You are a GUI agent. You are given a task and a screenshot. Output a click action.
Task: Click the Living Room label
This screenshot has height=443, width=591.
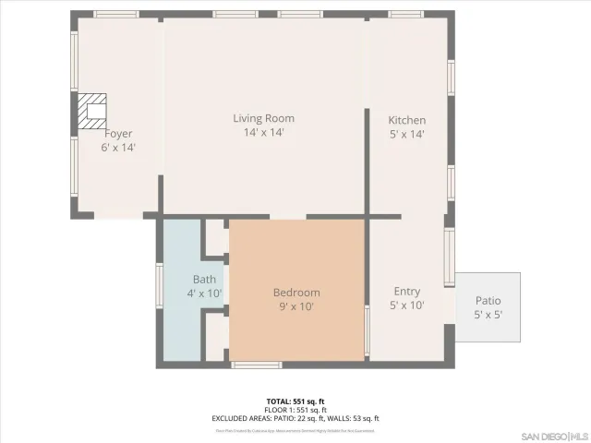click(x=263, y=118)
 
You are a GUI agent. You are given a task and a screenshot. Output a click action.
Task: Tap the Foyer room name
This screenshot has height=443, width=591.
click(x=118, y=134)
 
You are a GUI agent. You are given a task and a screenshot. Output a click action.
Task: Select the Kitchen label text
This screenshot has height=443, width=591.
click(x=406, y=120)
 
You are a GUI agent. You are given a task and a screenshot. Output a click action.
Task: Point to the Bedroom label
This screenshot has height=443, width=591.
click(x=296, y=293)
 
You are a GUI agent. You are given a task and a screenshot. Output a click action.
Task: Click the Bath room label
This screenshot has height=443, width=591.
click(x=204, y=280)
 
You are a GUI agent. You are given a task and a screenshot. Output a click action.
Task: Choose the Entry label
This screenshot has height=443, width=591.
click(x=406, y=291)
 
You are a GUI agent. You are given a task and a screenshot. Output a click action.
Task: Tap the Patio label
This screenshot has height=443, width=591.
click(x=488, y=301)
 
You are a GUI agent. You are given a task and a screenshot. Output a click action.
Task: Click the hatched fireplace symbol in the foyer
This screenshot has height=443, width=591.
click(x=92, y=111)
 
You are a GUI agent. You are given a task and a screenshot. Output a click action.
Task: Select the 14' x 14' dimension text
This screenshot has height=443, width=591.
click(x=263, y=133)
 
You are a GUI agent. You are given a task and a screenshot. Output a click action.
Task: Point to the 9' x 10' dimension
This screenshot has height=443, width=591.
click(x=296, y=307)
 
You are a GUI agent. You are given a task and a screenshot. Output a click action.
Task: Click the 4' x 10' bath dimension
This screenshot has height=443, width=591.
click(x=204, y=293)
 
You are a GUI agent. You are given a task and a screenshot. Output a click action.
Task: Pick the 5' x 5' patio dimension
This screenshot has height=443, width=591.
click(x=488, y=316)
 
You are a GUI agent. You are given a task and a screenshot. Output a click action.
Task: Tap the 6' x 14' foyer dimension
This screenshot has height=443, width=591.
click(x=118, y=148)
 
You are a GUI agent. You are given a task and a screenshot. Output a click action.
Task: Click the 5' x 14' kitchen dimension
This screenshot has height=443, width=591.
click(x=406, y=134)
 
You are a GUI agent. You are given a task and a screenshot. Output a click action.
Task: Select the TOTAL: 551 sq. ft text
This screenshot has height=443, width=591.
click(x=295, y=401)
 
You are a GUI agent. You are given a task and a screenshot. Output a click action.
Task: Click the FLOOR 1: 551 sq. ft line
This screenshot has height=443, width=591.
click(x=295, y=410)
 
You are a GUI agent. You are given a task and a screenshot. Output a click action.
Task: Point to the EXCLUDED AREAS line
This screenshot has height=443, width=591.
click(x=295, y=418)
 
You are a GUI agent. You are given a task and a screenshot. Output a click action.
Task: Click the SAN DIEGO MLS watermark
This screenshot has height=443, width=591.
click(x=553, y=435)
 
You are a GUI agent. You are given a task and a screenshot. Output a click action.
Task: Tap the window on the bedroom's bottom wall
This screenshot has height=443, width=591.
click(x=257, y=365)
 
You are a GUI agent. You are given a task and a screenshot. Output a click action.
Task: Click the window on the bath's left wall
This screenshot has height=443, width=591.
click(x=160, y=285)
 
